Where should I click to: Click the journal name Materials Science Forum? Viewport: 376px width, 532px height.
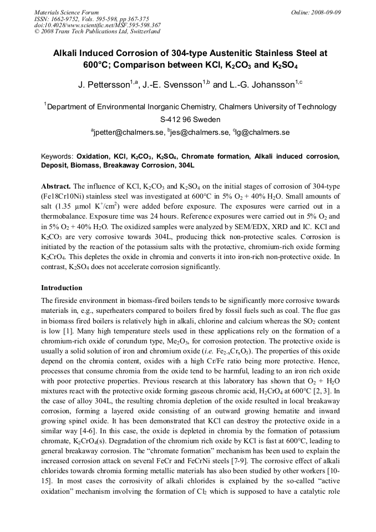tap(67, 12)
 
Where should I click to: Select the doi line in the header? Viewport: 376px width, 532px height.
tap(97, 25)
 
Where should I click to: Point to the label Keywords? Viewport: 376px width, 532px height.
tap(58, 157)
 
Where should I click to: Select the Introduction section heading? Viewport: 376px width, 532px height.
tap(62, 288)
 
